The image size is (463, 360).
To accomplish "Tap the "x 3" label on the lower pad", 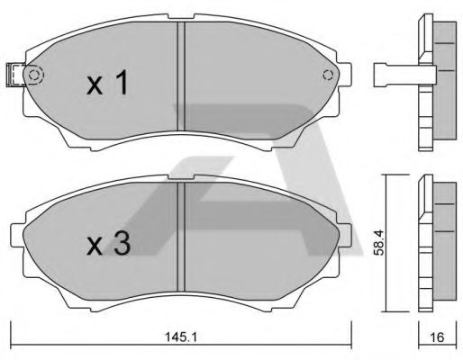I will [x=106, y=246].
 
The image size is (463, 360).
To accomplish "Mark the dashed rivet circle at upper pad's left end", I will [x=34, y=76].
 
